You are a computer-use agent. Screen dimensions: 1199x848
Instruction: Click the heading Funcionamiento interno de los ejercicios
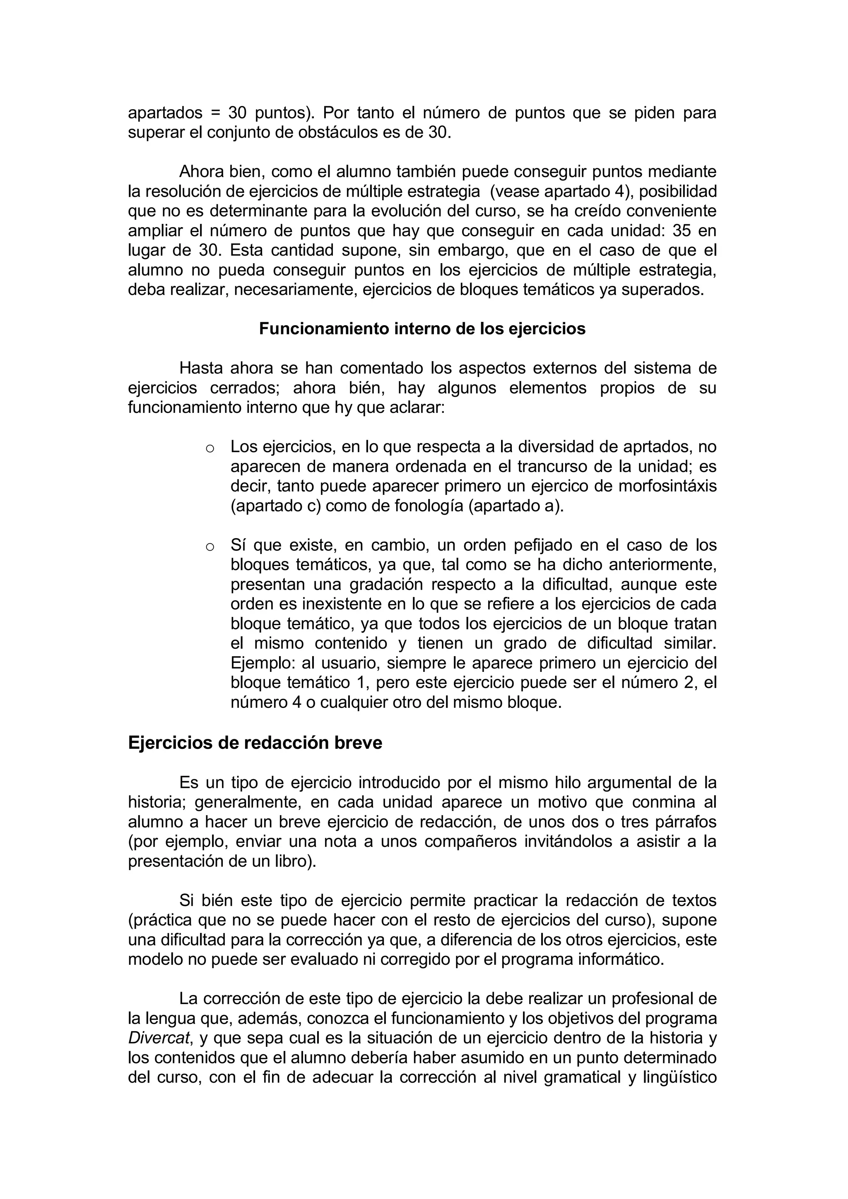(422, 329)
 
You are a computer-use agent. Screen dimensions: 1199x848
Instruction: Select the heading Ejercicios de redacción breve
(255, 743)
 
